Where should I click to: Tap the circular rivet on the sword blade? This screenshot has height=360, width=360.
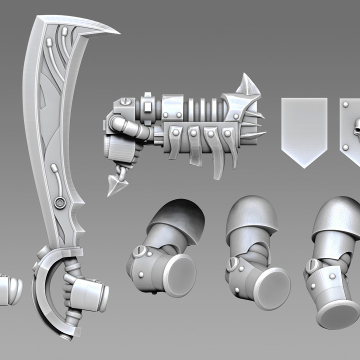[x=60, y=202]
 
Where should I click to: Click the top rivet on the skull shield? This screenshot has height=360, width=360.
[x=345, y=104]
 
